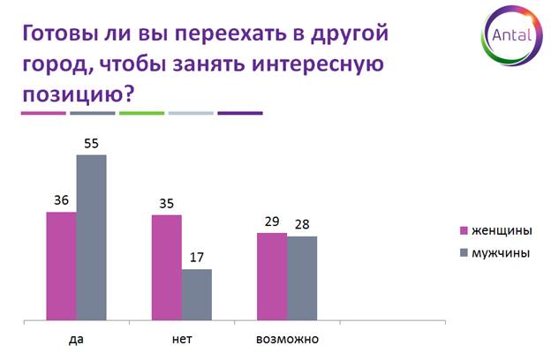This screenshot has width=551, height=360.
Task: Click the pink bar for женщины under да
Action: coord(62,266)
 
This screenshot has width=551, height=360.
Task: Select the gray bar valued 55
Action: coord(91,237)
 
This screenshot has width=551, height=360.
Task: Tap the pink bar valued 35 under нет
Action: coord(167,267)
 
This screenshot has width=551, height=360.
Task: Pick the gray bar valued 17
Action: coord(197,295)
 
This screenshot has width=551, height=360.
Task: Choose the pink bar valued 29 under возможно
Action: coord(272,276)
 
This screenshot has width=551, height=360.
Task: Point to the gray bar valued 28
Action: coord(302,278)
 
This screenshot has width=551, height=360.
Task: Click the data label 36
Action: coord(61,200)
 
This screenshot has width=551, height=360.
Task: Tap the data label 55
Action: coord(91,143)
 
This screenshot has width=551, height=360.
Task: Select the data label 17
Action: coord(197,258)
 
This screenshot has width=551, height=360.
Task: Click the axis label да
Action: coord(76,340)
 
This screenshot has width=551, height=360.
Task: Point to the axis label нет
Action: coord(182,340)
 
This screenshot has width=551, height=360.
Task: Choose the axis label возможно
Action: coord(288,340)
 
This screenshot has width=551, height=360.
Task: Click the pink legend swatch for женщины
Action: coord(464,231)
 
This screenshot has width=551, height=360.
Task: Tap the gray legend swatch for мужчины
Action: coord(464,253)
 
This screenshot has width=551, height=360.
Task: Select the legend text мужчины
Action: coord(501,253)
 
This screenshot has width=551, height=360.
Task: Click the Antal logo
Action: coord(511,35)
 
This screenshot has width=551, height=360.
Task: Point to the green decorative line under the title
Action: coord(141,113)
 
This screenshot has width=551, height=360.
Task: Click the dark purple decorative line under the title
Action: coord(240,113)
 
